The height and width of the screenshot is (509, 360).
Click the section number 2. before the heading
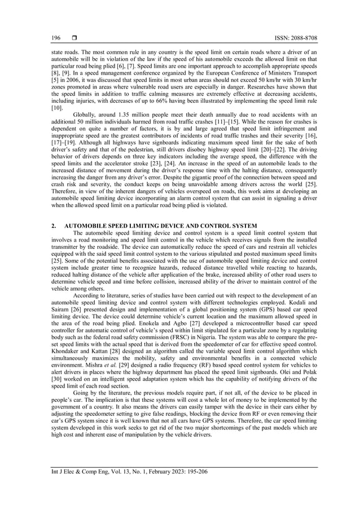(53, 226)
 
